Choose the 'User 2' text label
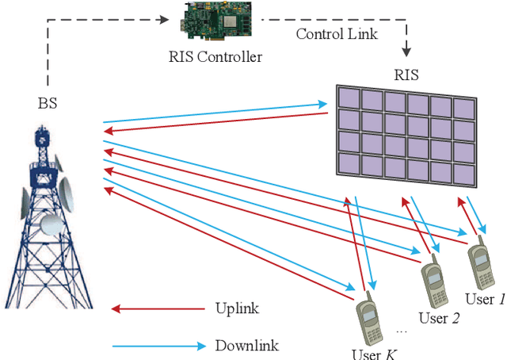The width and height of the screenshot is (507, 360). pos(439,318)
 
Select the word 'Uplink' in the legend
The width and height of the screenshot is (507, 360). pos(237,308)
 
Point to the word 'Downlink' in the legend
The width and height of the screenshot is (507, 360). pos(246,346)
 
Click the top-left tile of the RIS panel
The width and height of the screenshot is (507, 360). pos(347,98)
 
